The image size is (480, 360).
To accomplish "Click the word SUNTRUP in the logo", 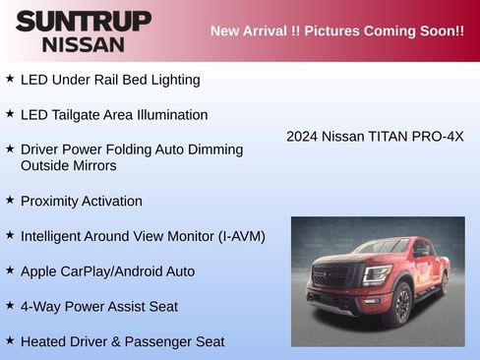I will pyautogui.click(x=84, y=21).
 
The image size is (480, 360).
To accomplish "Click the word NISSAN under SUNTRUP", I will pyautogui.click(x=84, y=44).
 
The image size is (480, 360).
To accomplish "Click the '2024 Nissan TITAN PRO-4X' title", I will pyautogui.click(x=375, y=137).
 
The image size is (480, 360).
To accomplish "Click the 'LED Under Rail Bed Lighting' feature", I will pyautogui.click(x=110, y=80).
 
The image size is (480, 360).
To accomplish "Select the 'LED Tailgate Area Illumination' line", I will pyautogui.click(x=114, y=115).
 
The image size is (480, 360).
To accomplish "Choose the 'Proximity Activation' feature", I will pyautogui.click(x=82, y=202).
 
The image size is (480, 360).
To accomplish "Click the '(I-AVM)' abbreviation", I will pyautogui.click(x=236, y=237).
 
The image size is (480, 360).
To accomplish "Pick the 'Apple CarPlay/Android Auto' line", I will pyautogui.click(x=108, y=271).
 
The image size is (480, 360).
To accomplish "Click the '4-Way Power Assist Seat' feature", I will pyautogui.click(x=99, y=307).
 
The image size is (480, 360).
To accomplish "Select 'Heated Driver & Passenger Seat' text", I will pyautogui.click(x=123, y=342).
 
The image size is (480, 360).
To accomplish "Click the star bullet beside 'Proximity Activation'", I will pyautogui.click(x=10, y=200).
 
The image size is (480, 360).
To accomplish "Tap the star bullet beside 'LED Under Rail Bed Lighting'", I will pyautogui.click(x=10, y=78).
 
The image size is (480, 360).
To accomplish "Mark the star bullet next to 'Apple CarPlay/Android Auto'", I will pyautogui.click(x=10, y=270).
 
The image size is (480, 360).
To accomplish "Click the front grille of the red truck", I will pyautogui.click(x=332, y=276).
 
